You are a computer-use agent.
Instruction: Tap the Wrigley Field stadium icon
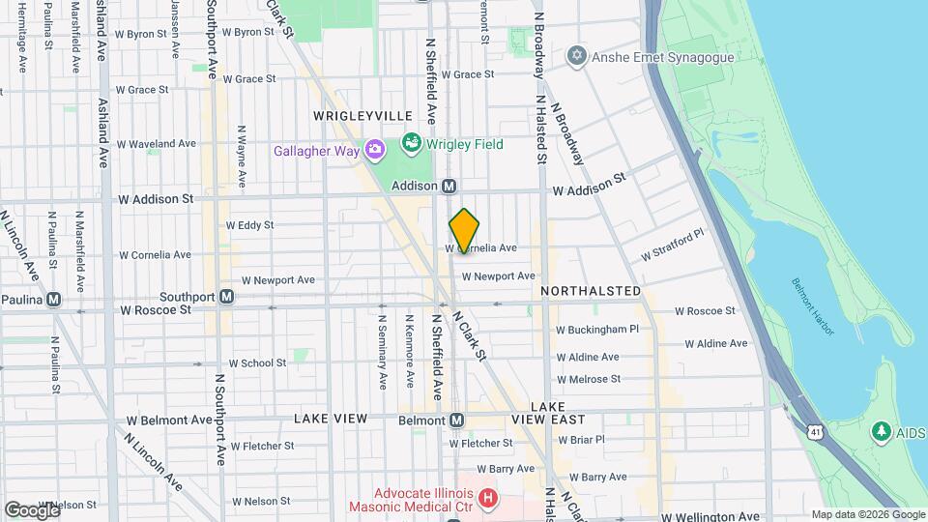[x=412, y=145]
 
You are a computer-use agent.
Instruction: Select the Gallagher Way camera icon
[x=374, y=150]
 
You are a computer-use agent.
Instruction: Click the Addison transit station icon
[x=449, y=186]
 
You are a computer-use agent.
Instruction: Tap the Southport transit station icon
[x=226, y=297]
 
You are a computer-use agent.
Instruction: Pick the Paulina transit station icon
[x=54, y=299]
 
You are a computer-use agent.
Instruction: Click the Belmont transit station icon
[x=457, y=420]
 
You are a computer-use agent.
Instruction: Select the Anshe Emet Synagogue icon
[x=577, y=54]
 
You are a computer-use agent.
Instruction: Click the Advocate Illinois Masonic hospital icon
[x=488, y=498]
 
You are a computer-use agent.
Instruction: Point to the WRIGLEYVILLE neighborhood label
[x=349, y=116]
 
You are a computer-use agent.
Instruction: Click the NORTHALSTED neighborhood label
[x=591, y=291]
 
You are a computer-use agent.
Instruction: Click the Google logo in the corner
[x=32, y=510]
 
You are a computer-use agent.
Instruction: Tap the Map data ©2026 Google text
[x=867, y=515]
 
